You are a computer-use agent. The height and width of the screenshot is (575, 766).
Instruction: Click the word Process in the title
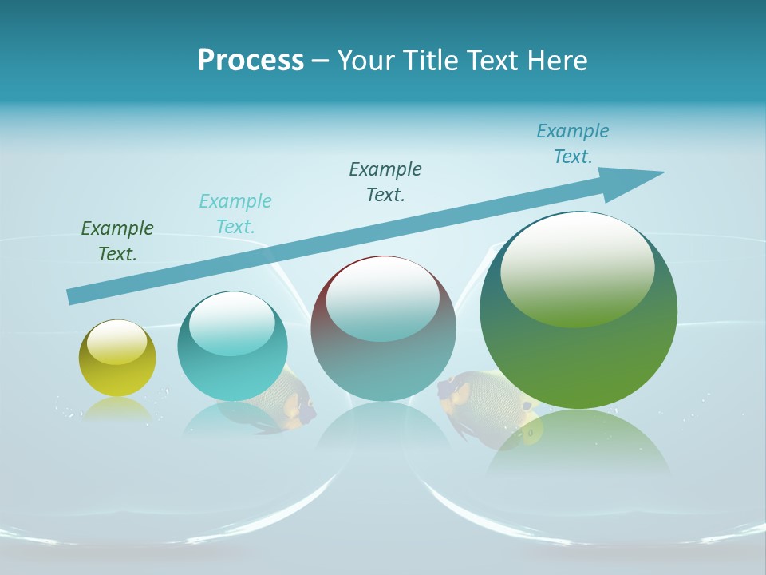coord(251,61)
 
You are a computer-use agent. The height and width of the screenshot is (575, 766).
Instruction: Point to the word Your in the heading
coord(365,61)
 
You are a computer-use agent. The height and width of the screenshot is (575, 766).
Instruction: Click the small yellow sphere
coord(117,358)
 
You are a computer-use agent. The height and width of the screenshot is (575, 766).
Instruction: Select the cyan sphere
coord(232,346)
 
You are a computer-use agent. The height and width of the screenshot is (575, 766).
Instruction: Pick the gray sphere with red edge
coord(383,328)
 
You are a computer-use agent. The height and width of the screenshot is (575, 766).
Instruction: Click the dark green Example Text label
coord(117,241)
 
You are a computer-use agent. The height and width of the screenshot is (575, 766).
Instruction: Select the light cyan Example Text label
coord(235,214)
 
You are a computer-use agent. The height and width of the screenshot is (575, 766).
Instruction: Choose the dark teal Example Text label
coord(385,182)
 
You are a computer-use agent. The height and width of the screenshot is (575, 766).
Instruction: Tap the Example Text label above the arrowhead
coord(573,144)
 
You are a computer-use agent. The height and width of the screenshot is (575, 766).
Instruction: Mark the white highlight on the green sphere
coord(577,270)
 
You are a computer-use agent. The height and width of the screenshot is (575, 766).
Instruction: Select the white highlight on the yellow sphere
coord(116,341)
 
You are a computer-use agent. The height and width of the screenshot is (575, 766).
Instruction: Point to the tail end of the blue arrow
coord(73,296)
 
